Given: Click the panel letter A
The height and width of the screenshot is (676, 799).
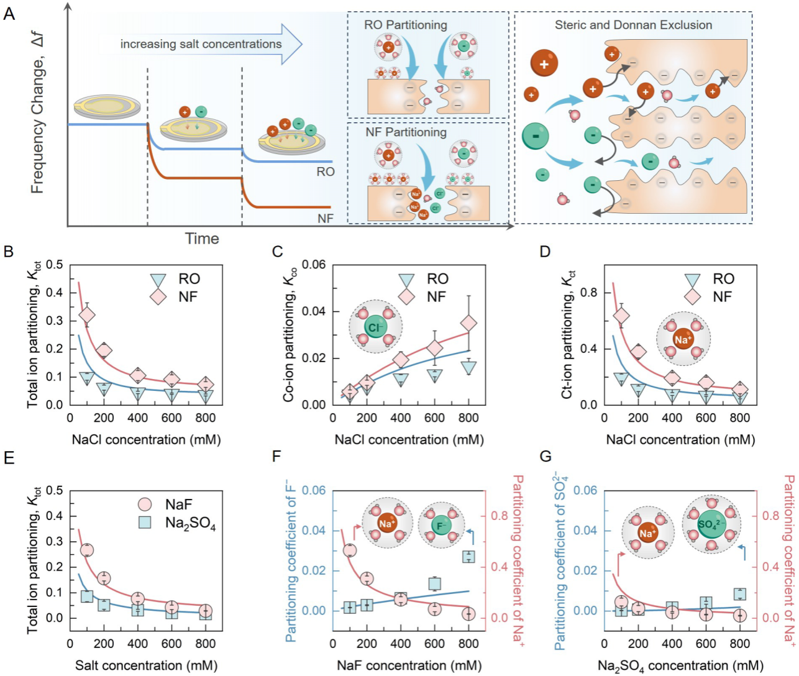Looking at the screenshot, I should pyautogui.click(x=9, y=13).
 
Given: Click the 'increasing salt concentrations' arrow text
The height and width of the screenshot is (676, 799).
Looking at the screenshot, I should pyautogui.click(x=201, y=44).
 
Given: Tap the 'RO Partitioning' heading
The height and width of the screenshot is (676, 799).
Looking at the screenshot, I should pyautogui.click(x=405, y=25).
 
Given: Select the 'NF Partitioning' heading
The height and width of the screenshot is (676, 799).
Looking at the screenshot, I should pyautogui.click(x=406, y=132).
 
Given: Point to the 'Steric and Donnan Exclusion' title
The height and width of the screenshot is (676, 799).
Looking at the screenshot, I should pyautogui.click(x=633, y=25).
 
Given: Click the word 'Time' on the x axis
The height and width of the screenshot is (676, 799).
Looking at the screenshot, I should pyautogui.click(x=202, y=239).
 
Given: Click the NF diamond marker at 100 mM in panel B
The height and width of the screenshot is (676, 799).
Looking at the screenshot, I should pyautogui.click(x=88, y=314).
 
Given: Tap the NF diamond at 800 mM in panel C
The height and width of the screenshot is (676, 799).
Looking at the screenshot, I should pyautogui.click(x=468, y=322).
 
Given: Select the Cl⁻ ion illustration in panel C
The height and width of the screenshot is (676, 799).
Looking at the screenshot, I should pyautogui.click(x=375, y=327).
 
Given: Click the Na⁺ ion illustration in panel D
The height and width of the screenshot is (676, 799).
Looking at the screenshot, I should pyautogui.click(x=683, y=339).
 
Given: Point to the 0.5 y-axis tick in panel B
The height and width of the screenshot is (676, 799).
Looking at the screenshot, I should pyautogui.click(x=55, y=265).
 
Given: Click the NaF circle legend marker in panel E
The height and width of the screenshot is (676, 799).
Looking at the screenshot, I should pyautogui.click(x=145, y=504).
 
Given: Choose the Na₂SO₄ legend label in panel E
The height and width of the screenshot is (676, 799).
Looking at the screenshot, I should pyautogui.click(x=190, y=523).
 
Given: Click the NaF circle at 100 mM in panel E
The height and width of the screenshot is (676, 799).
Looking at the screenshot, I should pyautogui.click(x=88, y=550).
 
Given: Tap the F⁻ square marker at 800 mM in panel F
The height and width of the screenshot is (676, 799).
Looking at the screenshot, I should pyautogui.click(x=468, y=557).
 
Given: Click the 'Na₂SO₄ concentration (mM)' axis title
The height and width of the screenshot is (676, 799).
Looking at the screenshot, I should pyautogui.click(x=680, y=665).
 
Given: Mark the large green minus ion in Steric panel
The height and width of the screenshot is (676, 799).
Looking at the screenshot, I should pyautogui.click(x=536, y=137).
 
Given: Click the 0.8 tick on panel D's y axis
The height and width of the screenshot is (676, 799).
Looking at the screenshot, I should pyautogui.click(x=587, y=293).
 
